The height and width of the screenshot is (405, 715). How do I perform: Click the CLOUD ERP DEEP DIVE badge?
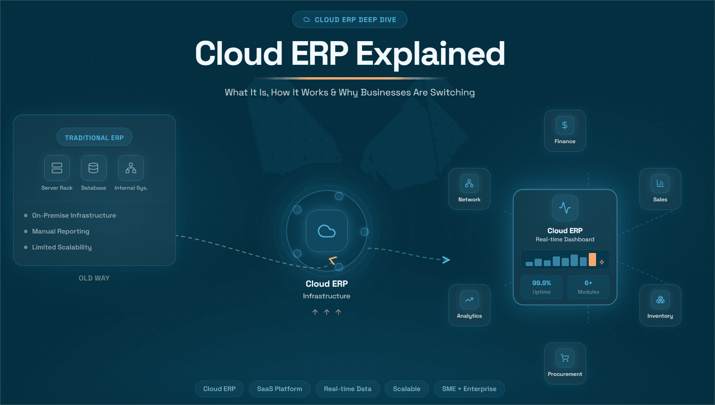pos(350,19)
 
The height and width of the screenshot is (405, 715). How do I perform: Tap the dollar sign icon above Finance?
pos(565,125)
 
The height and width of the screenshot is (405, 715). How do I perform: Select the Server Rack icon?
pos(57,168)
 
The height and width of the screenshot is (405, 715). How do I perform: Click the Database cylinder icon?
pos(93,168)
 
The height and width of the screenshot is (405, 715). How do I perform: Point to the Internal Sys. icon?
pos(131,168)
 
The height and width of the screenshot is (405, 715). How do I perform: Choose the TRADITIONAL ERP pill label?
pos(94,137)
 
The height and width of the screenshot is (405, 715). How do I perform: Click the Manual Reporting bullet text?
pos(60,231)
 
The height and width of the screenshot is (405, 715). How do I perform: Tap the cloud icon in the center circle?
pos(327,231)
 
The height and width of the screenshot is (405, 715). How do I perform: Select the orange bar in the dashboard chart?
pos(592,259)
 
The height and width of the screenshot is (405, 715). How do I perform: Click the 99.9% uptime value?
pos(541,283)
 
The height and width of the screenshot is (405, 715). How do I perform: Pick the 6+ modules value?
pos(588,283)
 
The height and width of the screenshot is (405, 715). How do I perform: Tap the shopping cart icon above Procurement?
pos(565,358)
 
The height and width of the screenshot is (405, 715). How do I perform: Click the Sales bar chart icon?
pos(660,183)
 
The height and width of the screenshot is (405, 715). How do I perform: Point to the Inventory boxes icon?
pos(660,299)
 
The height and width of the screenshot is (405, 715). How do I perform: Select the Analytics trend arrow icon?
pos(469,299)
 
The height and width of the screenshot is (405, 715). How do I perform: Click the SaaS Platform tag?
pos(279,389)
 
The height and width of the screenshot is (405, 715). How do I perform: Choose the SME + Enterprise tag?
pos(469,389)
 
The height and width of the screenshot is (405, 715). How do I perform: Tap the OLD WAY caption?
pos(94,278)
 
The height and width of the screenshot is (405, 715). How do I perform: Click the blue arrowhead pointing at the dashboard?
pos(446,260)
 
